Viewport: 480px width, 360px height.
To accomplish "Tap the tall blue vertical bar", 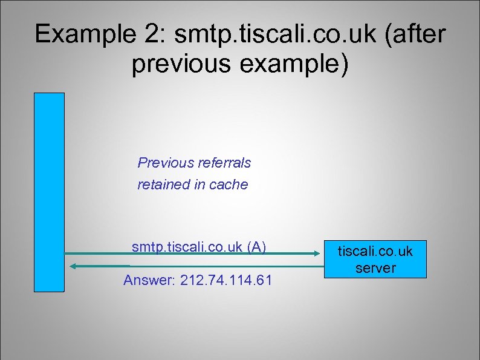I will coord(49,192).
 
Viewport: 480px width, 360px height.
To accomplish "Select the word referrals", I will coord(223,163).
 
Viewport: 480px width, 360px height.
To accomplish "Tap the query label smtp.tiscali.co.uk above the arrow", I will coord(187,246).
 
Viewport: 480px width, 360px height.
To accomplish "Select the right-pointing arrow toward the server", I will coord(193,254).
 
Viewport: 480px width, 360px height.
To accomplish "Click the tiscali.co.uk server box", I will coord(375,260).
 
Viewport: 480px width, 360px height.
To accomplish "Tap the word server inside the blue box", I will coord(375,268).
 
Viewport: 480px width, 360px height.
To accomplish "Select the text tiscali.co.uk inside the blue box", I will coord(375,251).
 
